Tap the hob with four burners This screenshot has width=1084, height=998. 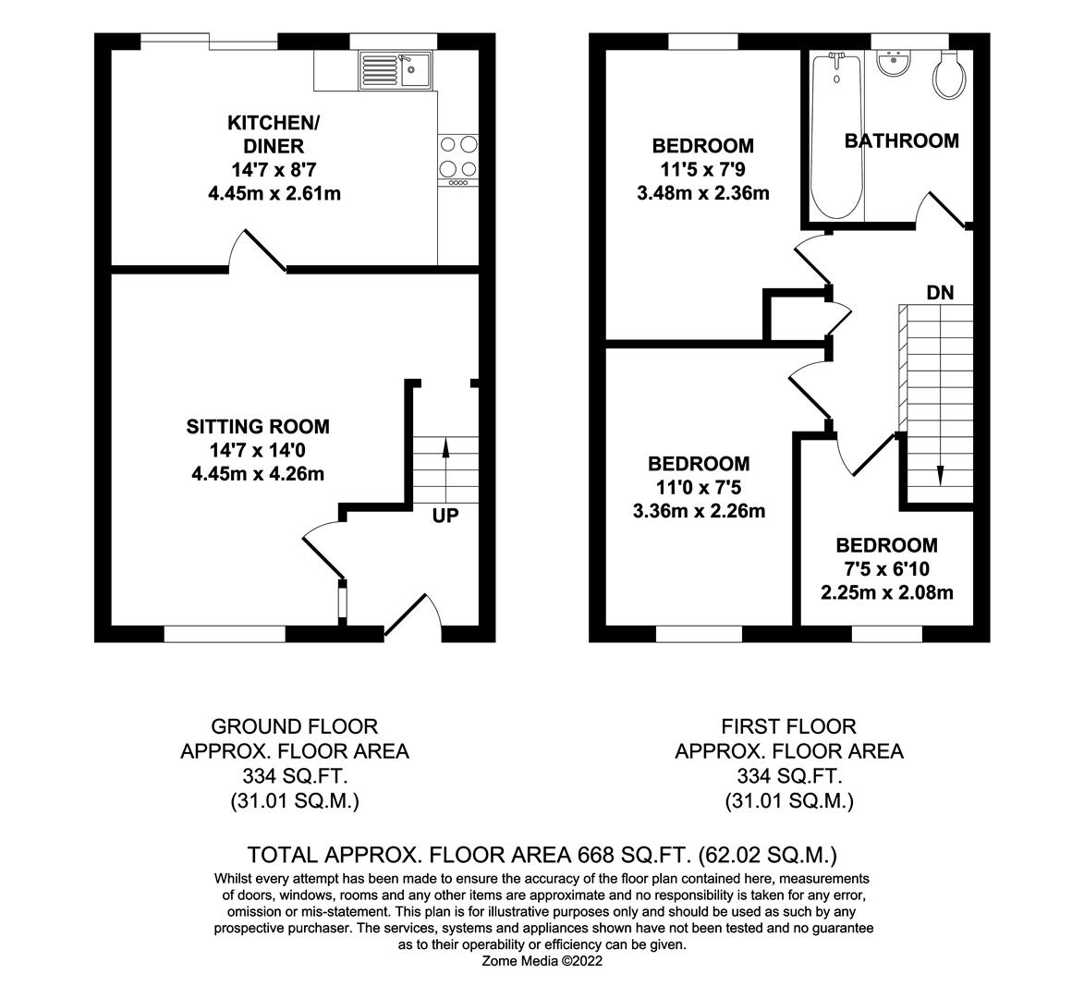coord(458,156)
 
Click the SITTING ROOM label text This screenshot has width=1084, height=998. coord(258,427)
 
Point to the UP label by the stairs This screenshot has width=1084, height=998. coord(445,516)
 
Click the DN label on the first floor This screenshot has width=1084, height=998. coord(940,293)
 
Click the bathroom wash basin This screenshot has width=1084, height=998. coord(894,65)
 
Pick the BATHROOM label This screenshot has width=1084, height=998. coord(902,141)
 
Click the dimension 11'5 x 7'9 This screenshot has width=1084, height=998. coord(702,170)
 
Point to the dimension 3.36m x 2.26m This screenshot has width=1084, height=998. coord(699,511)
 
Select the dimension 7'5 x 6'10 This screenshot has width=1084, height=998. coord(886,569)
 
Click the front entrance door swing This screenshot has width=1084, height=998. coord(412,614)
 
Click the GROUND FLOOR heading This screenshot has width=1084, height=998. coord(294,726)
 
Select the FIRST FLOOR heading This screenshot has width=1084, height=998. coord(788,726)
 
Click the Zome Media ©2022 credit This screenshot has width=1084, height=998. coord(542,961)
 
